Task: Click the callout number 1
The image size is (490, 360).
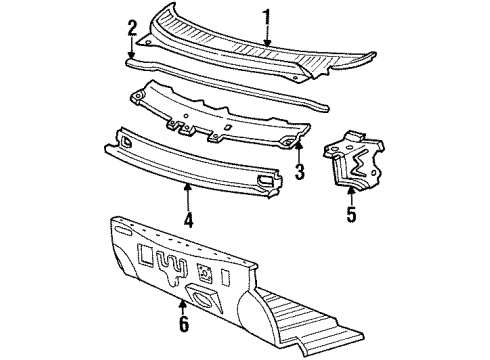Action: [267, 21]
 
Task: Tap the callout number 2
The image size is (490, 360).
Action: [132, 28]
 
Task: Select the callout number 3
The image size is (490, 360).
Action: [300, 171]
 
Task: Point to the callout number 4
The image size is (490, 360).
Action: [188, 220]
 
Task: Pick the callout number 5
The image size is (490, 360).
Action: [351, 214]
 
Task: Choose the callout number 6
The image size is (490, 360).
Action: [184, 323]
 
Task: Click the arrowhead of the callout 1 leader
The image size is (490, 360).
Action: [267, 43]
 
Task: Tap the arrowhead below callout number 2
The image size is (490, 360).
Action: [132, 55]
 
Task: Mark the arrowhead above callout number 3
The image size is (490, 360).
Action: [299, 145]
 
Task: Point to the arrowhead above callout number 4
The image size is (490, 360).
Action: [188, 187]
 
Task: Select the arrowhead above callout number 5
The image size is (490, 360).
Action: [351, 191]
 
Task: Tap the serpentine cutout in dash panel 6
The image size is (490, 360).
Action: [171, 266]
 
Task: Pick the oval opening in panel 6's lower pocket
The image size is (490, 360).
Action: [203, 299]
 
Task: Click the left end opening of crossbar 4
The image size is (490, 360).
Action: [126, 141]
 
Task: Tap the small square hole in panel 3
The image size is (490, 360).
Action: [228, 127]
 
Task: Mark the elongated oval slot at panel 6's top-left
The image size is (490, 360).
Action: [123, 230]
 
